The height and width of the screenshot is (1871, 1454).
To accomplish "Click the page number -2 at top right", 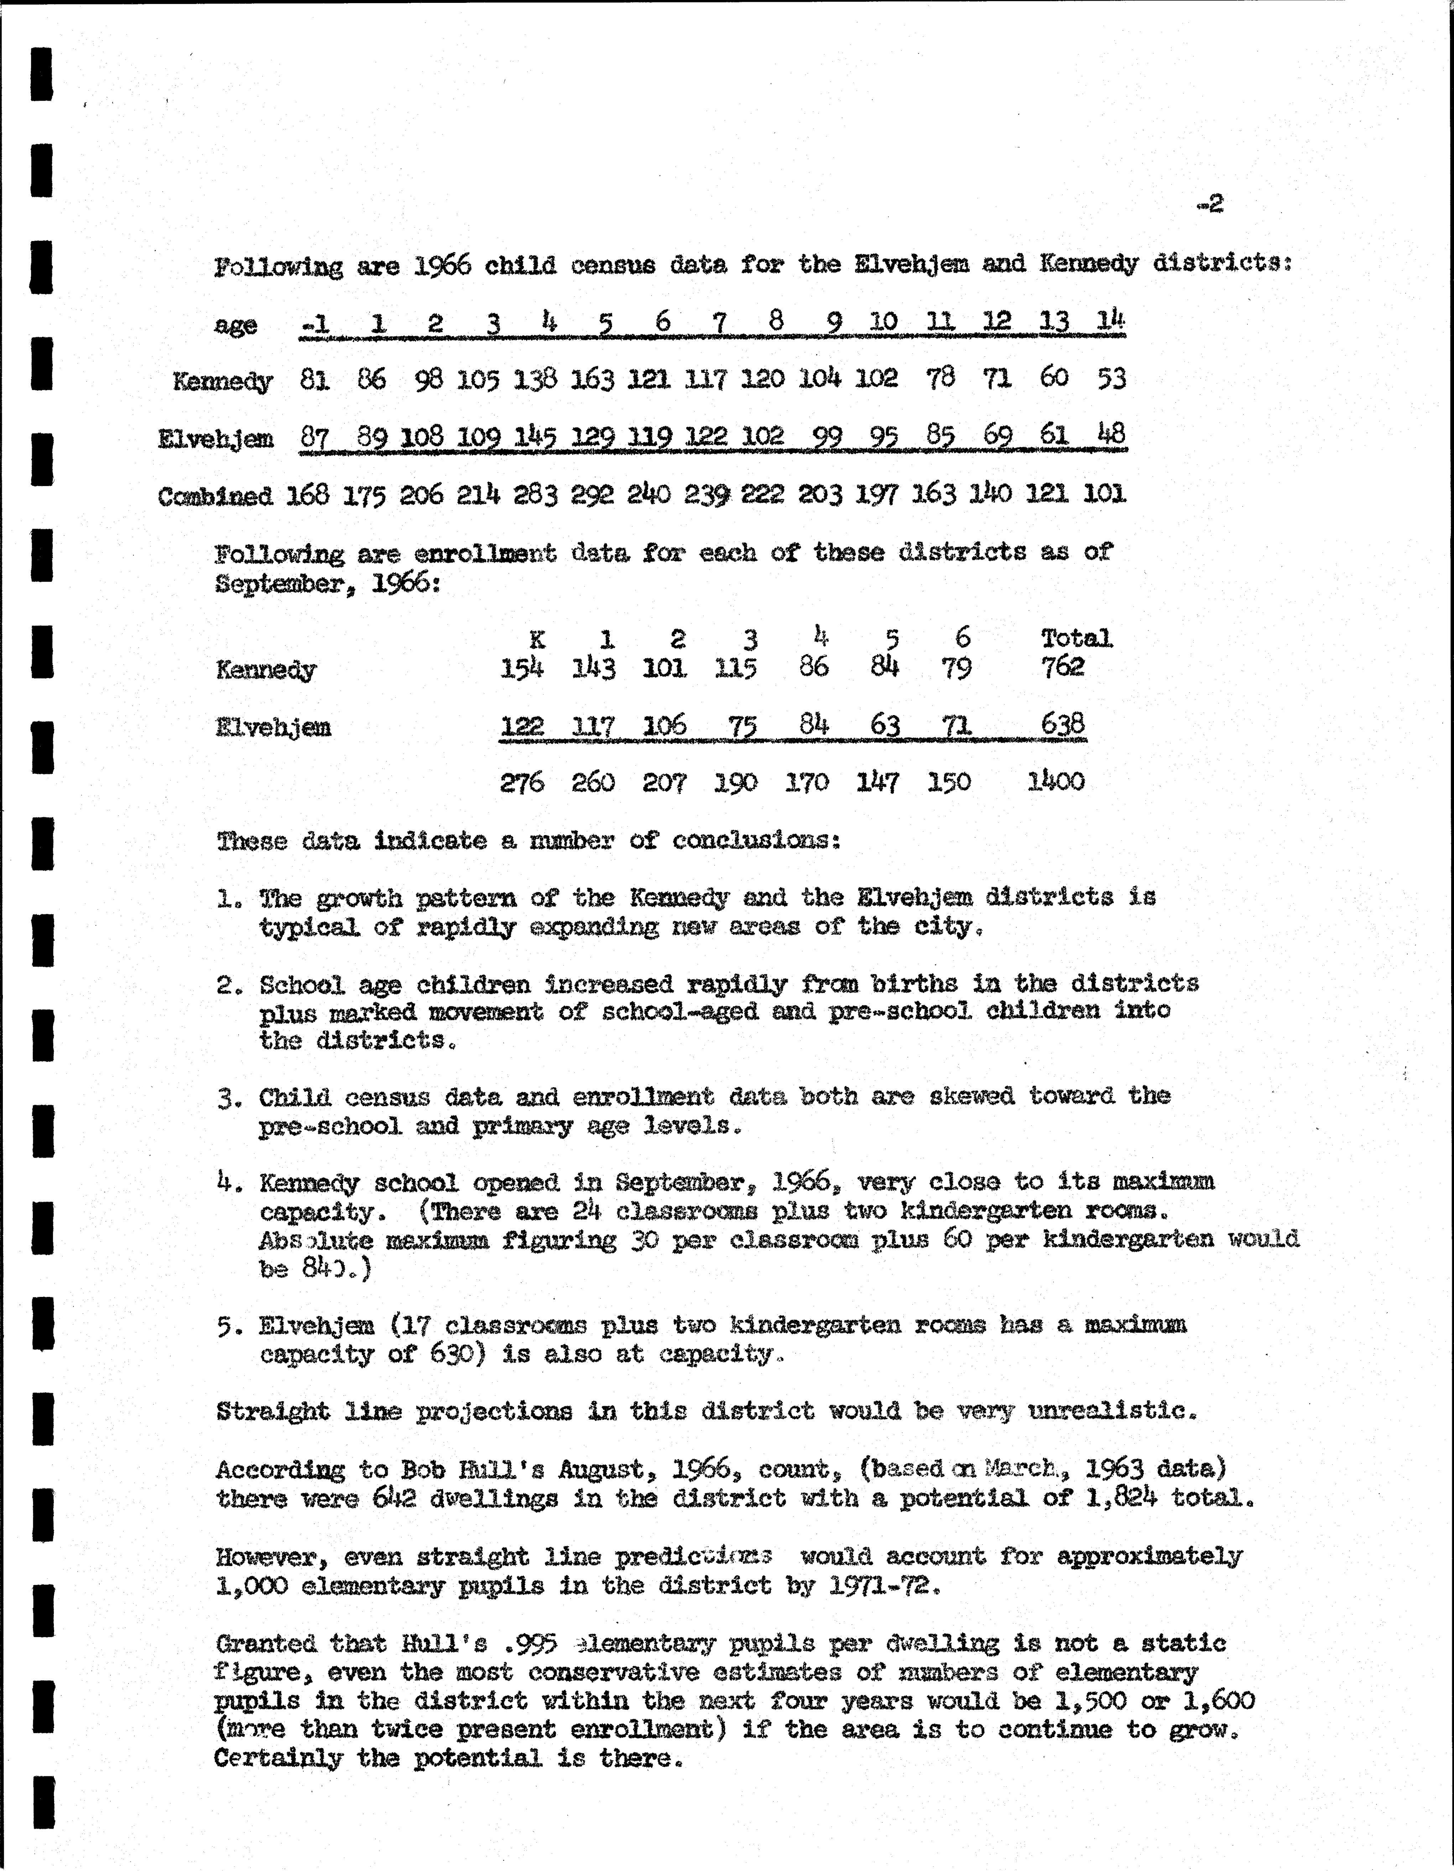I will [1210, 204].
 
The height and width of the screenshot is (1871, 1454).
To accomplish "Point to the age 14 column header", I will [1110, 321].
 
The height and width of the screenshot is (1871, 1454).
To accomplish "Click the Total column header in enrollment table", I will [1076, 637].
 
